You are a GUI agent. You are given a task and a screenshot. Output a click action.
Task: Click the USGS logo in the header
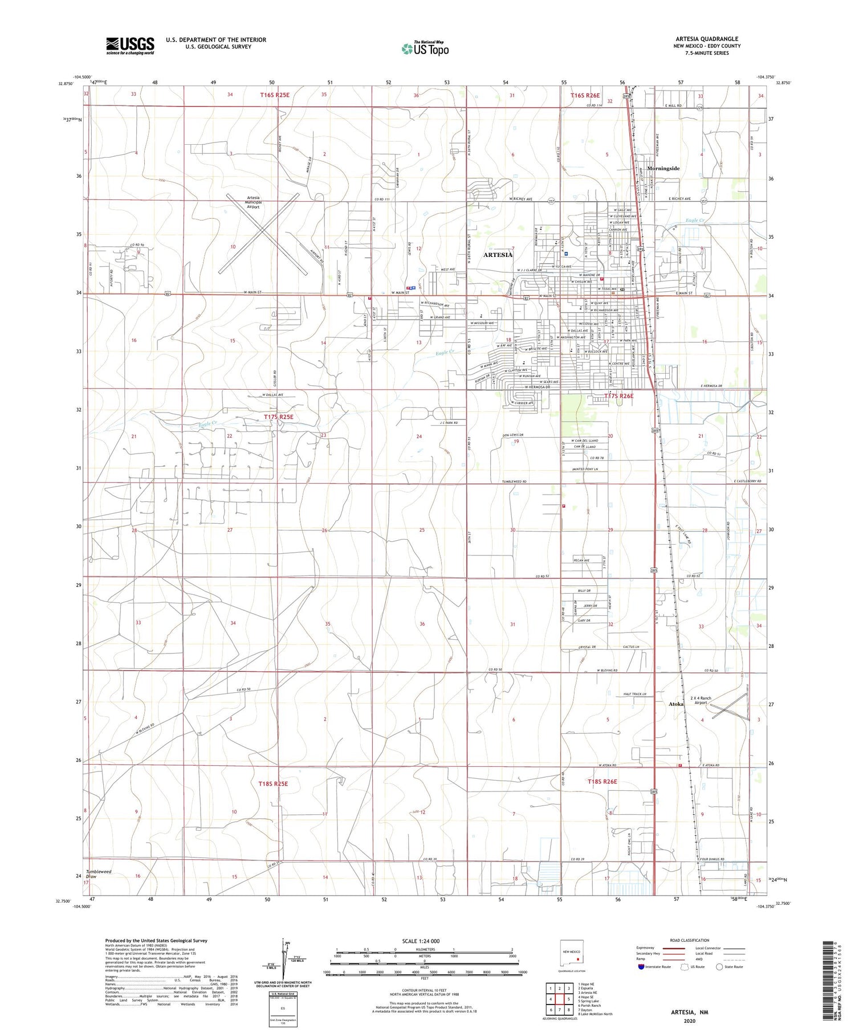click(x=130, y=46)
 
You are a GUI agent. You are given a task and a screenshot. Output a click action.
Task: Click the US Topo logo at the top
click(x=425, y=48)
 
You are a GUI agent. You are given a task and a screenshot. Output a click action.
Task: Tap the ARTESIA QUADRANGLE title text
click(x=706, y=39)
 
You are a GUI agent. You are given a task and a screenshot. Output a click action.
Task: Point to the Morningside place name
click(x=663, y=169)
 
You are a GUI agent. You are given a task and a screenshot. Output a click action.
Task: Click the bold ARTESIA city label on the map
click(x=498, y=255)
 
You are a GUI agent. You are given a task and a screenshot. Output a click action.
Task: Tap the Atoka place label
click(x=676, y=704)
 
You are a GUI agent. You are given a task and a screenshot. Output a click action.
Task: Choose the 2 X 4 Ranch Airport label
click(x=701, y=700)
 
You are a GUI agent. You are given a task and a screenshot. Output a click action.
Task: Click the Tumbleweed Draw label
click(x=99, y=874)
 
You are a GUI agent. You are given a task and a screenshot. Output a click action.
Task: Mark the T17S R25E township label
click(x=278, y=417)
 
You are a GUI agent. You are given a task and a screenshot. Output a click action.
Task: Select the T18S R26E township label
click(x=602, y=781)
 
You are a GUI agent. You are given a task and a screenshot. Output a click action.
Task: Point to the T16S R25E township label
click(x=274, y=95)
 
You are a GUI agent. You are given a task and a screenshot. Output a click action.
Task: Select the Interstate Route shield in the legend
click(x=641, y=967)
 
